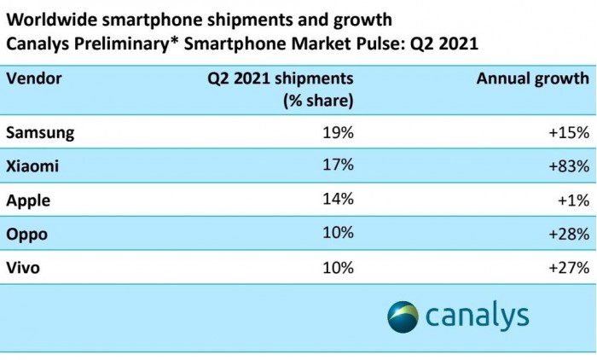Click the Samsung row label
point(40,132)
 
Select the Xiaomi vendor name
point(33,166)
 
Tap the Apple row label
point(28,200)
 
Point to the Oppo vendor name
point(28,234)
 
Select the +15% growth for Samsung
point(566,132)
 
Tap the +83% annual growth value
point(566,166)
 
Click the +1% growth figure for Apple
point(571,200)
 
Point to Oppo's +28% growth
point(566,234)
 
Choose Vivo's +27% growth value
point(566,267)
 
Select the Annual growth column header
point(532,78)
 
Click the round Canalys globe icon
point(403,316)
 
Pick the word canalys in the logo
point(478,316)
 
